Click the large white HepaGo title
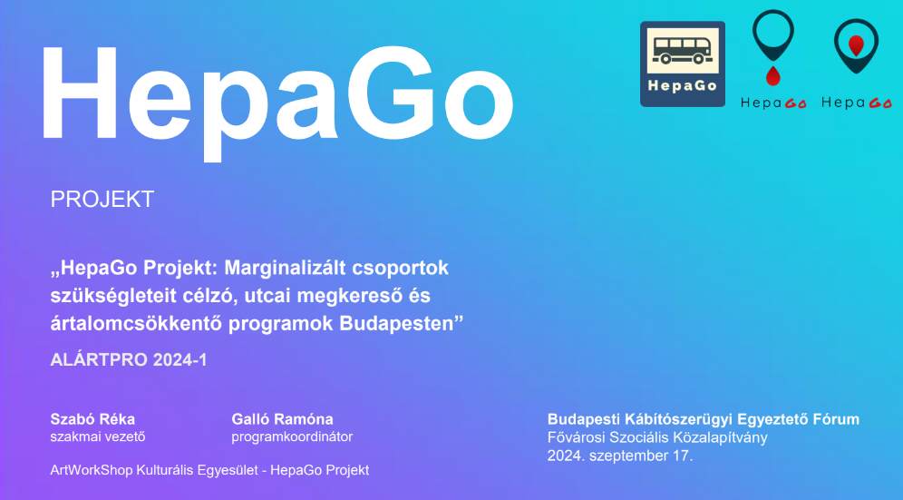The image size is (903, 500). pos(277,97)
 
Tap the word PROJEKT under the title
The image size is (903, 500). pos(102,200)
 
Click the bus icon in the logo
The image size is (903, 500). pos(683,51)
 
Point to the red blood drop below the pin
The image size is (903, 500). pos(772,75)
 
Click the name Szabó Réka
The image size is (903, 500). pos(92,419)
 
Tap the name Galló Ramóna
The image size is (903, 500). pos(282,419)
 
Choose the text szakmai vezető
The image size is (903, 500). pos(98,436)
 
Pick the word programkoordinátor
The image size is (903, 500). pos(292,437)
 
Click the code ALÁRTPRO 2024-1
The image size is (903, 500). pos(129,360)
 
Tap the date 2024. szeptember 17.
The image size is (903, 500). pos(619,456)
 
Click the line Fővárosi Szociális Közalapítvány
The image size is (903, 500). pos(657,437)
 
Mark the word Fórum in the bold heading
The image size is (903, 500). pos(836,419)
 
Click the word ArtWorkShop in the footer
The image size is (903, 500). pos(91,471)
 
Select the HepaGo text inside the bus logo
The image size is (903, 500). pos(683,86)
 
